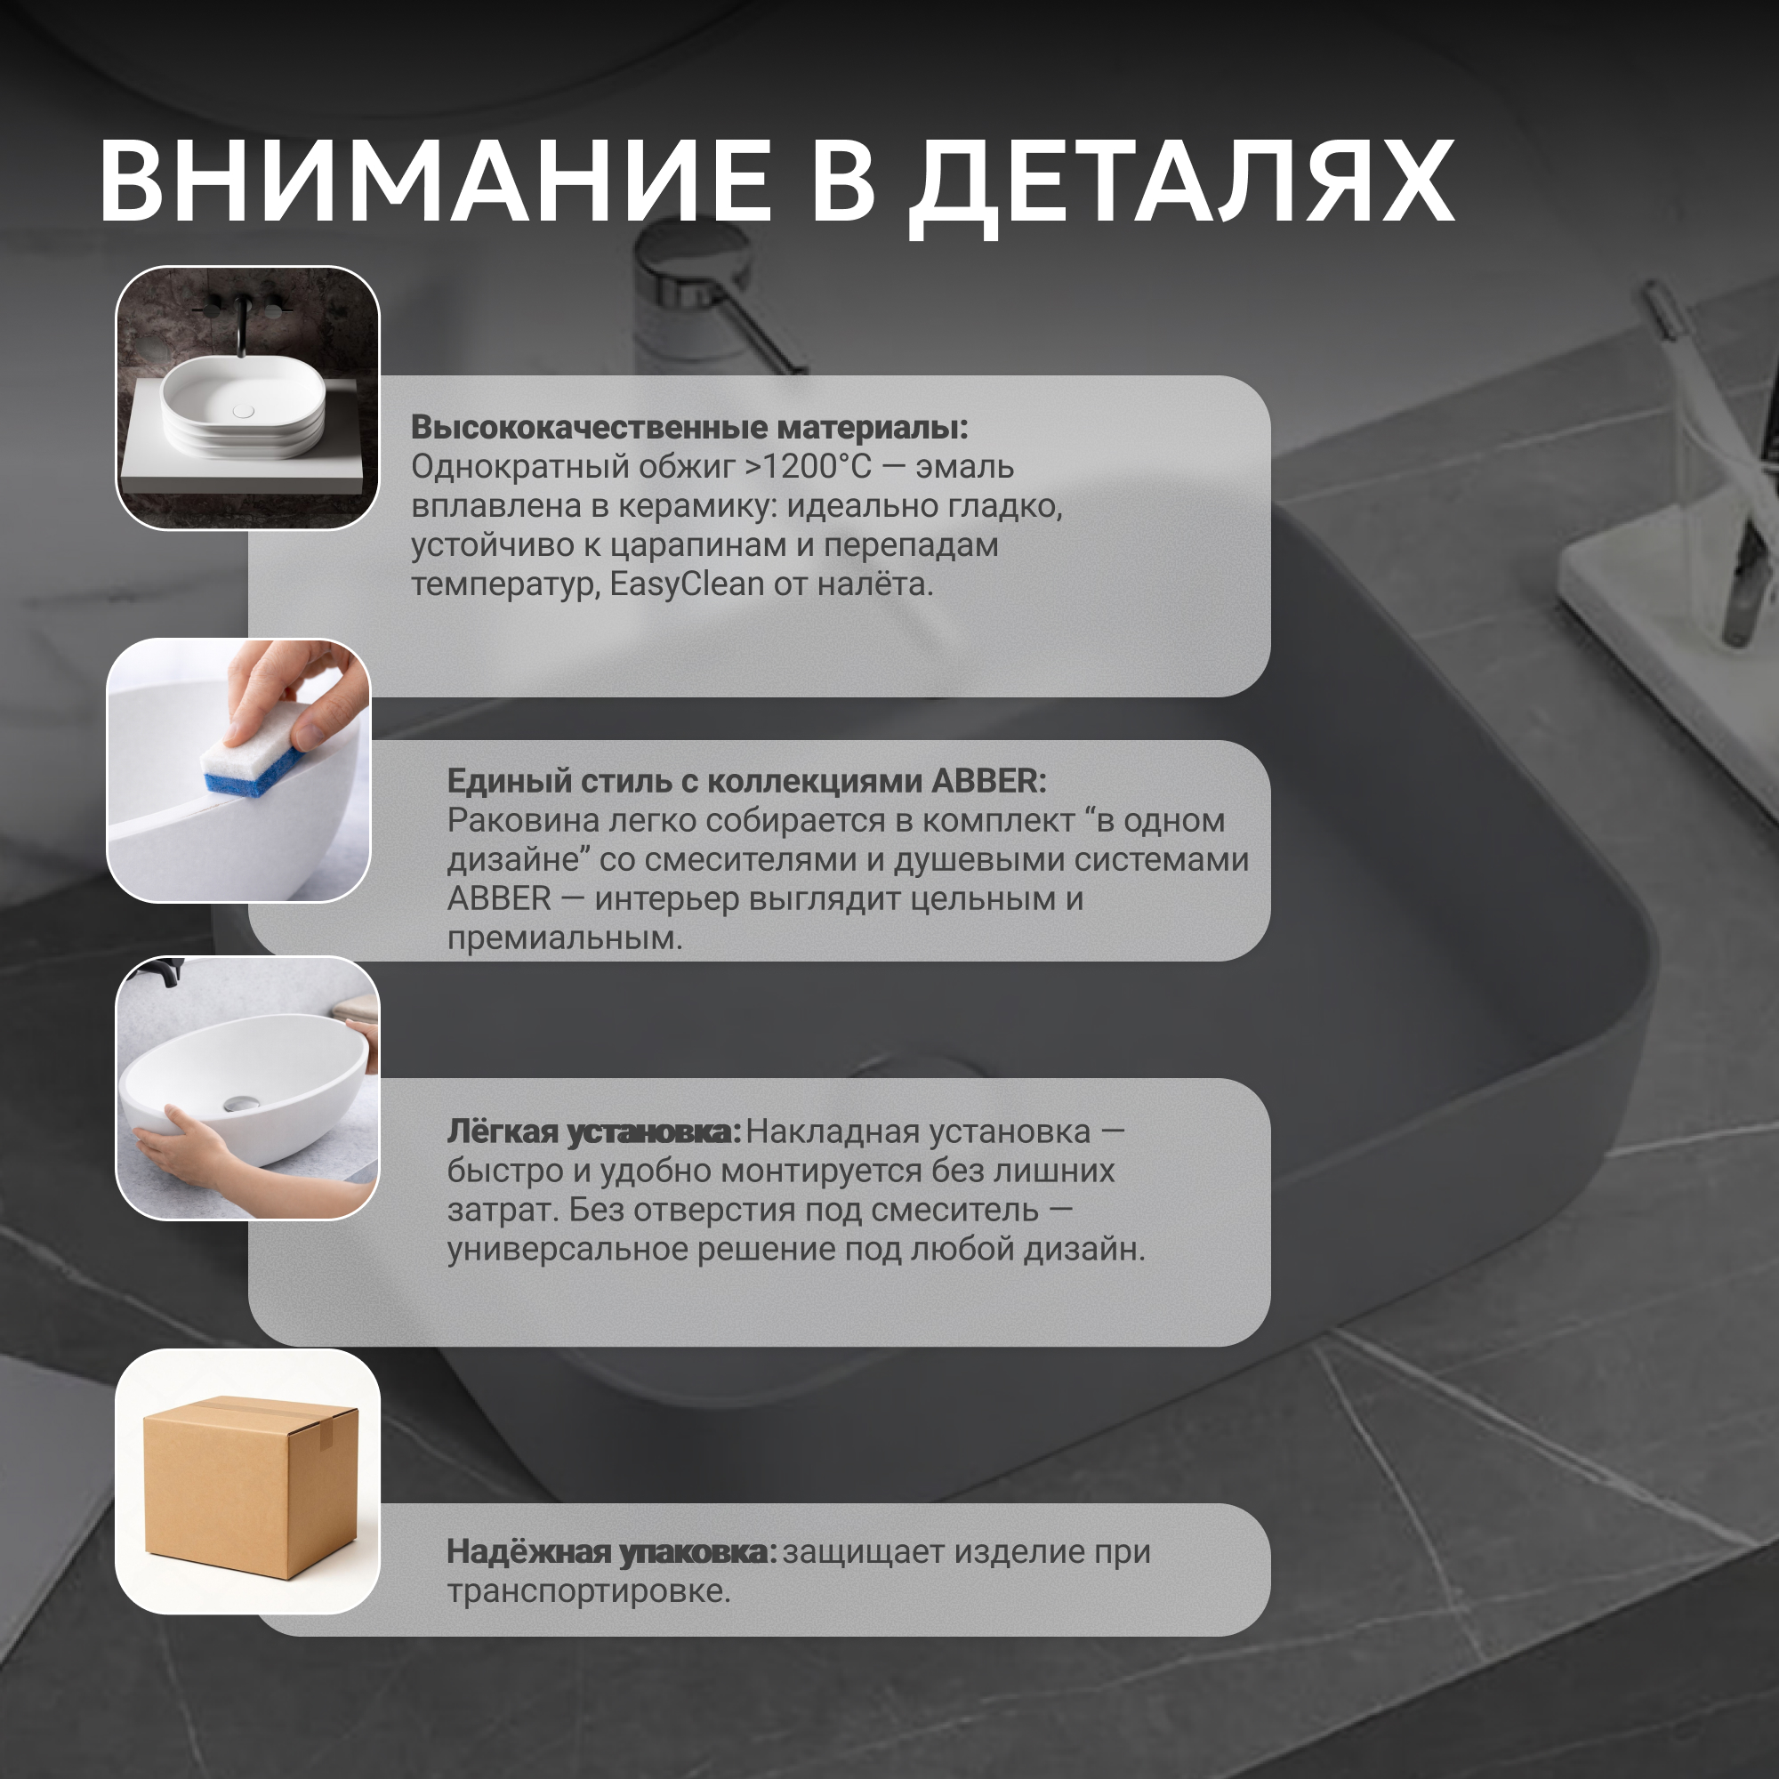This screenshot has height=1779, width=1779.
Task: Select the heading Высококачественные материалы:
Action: (x=689, y=427)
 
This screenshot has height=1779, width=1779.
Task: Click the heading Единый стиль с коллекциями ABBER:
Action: (x=747, y=781)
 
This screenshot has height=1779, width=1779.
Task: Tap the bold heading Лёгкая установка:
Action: (x=594, y=1131)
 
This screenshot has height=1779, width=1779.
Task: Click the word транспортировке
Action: (x=588, y=1592)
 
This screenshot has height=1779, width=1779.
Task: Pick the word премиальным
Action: (x=565, y=939)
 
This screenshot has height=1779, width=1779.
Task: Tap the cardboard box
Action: (x=250, y=1488)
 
